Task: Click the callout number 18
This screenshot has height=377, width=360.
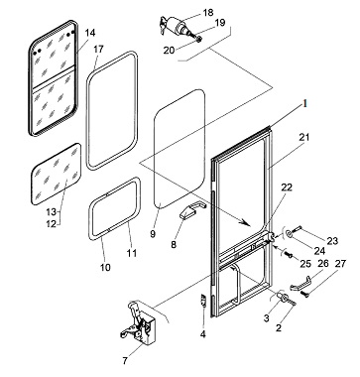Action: click(x=208, y=13)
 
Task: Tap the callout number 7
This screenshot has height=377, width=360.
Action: click(x=125, y=361)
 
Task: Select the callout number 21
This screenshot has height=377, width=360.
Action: click(x=304, y=137)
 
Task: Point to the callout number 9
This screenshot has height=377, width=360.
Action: click(x=153, y=234)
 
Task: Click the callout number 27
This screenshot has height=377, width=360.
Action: click(x=340, y=264)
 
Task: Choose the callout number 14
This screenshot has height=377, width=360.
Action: click(x=90, y=33)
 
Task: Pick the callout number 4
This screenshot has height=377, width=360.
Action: click(x=203, y=334)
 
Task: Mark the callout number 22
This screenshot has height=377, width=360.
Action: click(x=287, y=188)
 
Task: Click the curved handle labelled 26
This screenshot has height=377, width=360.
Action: click(x=300, y=283)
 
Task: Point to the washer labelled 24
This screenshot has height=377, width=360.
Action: click(x=290, y=234)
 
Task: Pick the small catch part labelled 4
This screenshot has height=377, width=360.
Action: click(x=203, y=301)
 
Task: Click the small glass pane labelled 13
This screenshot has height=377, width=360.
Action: click(x=56, y=174)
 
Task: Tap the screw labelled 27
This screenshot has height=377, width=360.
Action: click(x=304, y=294)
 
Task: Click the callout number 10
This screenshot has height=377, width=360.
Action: click(x=105, y=267)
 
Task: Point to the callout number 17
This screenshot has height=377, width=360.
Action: click(x=98, y=50)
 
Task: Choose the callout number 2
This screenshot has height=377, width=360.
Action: click(x=279, y=328)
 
